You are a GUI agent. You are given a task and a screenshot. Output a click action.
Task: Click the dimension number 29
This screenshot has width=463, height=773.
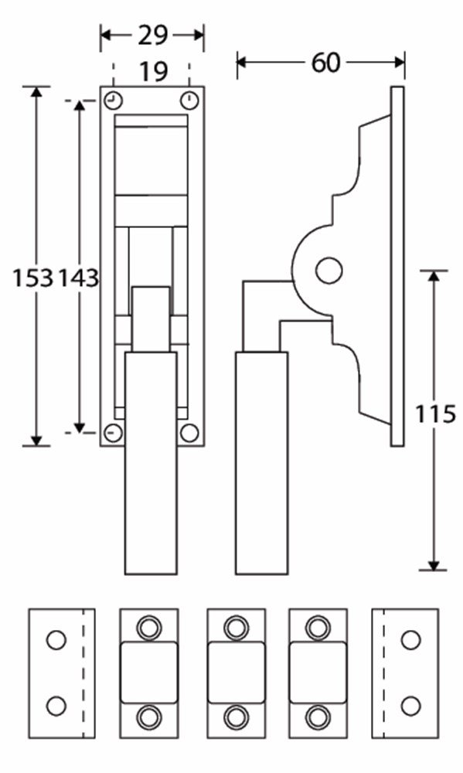(x=153, y=36)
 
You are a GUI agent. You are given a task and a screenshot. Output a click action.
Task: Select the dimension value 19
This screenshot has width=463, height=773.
(x=153, y=72)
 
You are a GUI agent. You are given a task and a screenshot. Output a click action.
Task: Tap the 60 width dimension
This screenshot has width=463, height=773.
(x=325, y=63)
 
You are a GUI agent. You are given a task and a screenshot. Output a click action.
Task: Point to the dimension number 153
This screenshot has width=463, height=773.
(x=32, y=278)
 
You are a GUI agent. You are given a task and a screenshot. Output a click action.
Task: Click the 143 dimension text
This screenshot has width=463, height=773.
(x=79, y=278)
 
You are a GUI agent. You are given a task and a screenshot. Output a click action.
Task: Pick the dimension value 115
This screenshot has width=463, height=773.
(x=434, y=414)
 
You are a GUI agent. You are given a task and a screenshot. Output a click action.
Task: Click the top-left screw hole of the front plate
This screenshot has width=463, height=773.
(x=114, y=100)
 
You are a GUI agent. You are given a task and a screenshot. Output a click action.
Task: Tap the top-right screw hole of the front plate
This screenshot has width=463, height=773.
(x=189, y=100)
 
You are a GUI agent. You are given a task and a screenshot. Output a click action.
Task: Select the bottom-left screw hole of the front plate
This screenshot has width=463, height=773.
(x=114, y=433)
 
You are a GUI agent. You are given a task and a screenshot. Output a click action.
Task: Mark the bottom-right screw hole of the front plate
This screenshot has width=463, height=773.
(x=189, y=433)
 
